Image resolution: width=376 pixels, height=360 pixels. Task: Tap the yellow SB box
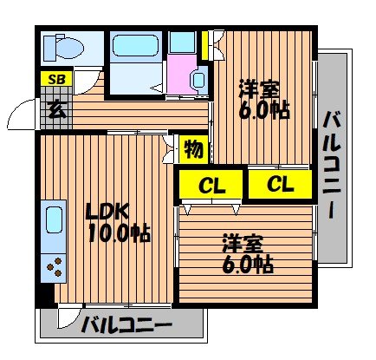pyautogui.click(x=55, y=80)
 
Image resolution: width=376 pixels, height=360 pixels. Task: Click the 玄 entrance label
pyautogui.click(x=55, y=109)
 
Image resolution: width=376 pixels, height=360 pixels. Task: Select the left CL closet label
pyautogui.click(x=210, y=184)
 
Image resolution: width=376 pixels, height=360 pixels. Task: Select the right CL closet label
pyautogui.click(x=279, y=184)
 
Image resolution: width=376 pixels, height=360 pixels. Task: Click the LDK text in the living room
pyautogui.click(x=106, y=211)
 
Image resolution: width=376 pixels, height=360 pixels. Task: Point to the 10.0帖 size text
pyautogui.click(x=116, y=232)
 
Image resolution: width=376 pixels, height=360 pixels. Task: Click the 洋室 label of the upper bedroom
pyautogui.click(x=259, y=88)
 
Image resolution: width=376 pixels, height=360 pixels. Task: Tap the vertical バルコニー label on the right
pyautogui.click(x=333, y=165)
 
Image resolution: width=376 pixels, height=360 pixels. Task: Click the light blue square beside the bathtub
pyautogui.click(x=182, y=43)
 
